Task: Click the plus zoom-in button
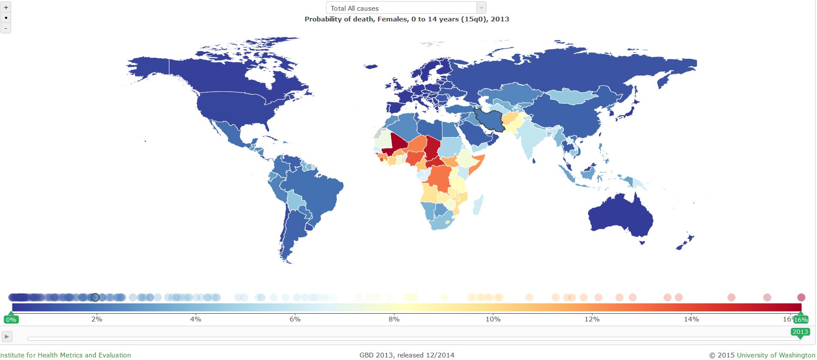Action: [6, 7]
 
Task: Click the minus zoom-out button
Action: [6, 28]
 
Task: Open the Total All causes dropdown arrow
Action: [481, 8]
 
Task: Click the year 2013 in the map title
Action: [500, 19]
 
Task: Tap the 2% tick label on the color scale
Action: [97, 319]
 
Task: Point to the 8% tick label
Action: [394, 319]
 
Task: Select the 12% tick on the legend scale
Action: [592, 319]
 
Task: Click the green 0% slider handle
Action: [11, 319]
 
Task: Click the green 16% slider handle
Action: [800, 319]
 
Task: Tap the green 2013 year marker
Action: [800, 332]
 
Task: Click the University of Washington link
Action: [776, 355]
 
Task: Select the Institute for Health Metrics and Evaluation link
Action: [66, 355]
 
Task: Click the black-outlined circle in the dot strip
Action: [95, 297]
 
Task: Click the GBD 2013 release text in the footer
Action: [407, 355]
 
